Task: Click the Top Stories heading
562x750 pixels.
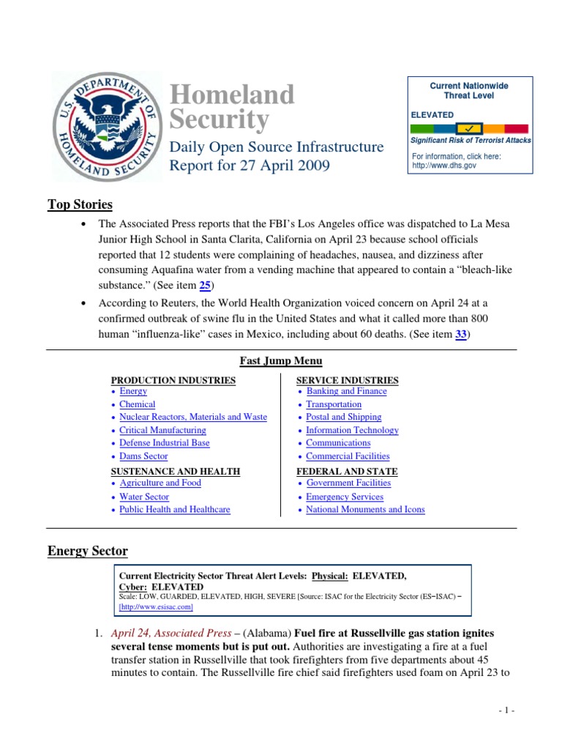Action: (80, 204)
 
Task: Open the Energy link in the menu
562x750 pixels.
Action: (133, 392)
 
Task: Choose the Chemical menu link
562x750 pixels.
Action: (138, 404)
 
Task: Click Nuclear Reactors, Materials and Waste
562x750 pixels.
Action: (193, 417)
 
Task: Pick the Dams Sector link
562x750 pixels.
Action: (144, 456)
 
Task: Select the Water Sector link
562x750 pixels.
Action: (144, 497)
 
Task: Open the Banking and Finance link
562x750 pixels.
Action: (346, 391)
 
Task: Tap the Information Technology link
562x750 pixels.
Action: (352, 431)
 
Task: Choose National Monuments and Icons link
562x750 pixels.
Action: (365, 510)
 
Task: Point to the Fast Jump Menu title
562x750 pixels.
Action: (281, 361)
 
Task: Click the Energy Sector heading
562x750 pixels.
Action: (88, 551)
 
